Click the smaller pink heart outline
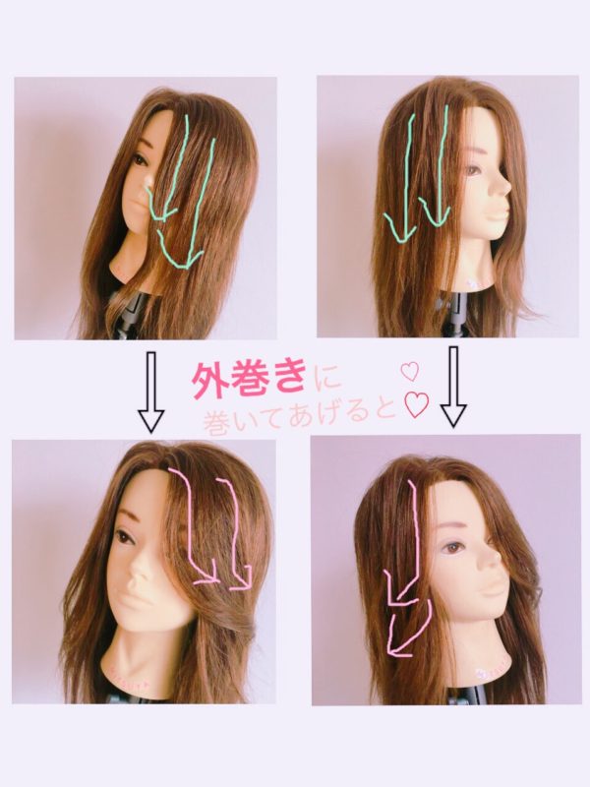pyautogui.click(x=410, y=372)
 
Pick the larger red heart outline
pyautogui.click(x=416, y=407)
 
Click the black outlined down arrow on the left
pyautogui.click(x=151, y=392)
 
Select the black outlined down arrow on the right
pyautogui.click(x=453, y=387)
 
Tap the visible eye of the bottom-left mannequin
pyautogui.click(x=122, y=537)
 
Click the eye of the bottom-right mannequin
pyautogui.click(x=454, y=548)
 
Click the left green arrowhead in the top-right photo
pyautogui.click(x=401, y=228)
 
